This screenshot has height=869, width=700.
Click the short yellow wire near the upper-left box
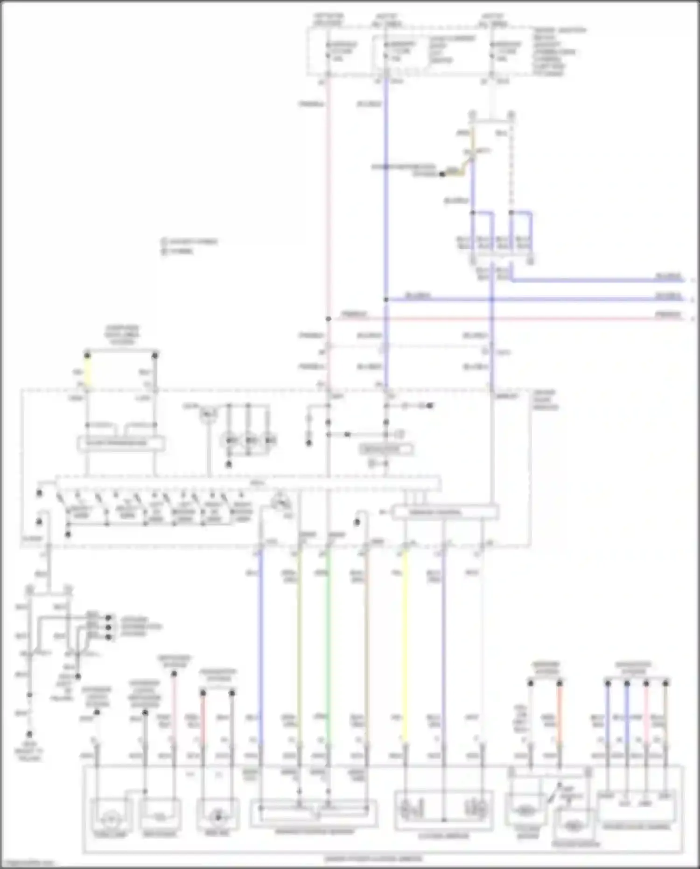[87, 371]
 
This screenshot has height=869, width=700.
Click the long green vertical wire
[329, 644]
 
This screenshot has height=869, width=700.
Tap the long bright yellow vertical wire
[405, 644]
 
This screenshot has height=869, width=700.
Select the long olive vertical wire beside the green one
[299, 644]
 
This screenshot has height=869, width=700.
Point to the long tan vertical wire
[366, 644]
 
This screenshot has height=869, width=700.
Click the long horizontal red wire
[513, 319]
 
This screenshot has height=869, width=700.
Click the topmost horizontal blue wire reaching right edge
[597, 281]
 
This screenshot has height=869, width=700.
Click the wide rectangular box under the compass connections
[121, 443]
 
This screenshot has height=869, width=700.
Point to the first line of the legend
[189, 242]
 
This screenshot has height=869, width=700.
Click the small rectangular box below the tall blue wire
[385, 449]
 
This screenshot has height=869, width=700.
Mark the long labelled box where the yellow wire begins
[445, 512]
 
